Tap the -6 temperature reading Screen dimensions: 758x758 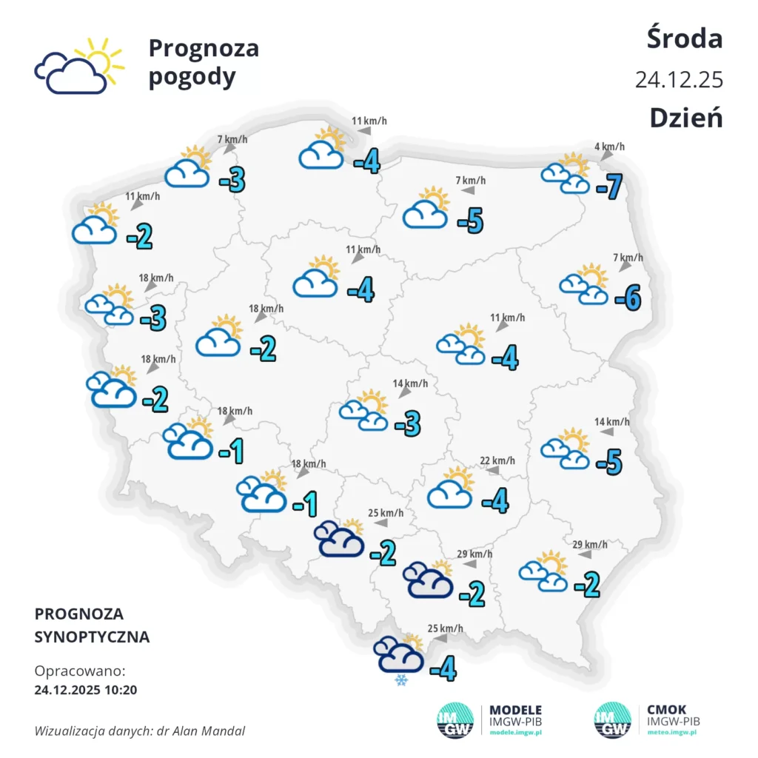(628, 298)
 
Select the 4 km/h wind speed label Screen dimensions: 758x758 (609, 147)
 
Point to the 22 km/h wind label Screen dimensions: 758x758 (498, 460)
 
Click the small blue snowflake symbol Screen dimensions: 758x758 (402, 680)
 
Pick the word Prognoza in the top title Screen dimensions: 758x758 (204, 48)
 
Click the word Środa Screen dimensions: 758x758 (685, 38)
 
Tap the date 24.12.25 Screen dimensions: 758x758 (678, 80)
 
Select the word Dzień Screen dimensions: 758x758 (686, 117)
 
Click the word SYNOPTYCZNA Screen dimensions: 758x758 (92, 637)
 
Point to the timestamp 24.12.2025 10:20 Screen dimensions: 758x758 (86, 690)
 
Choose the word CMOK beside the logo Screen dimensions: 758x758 (666, 710)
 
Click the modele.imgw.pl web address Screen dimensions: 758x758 (516, 731)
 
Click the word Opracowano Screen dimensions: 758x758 (80, 671)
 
